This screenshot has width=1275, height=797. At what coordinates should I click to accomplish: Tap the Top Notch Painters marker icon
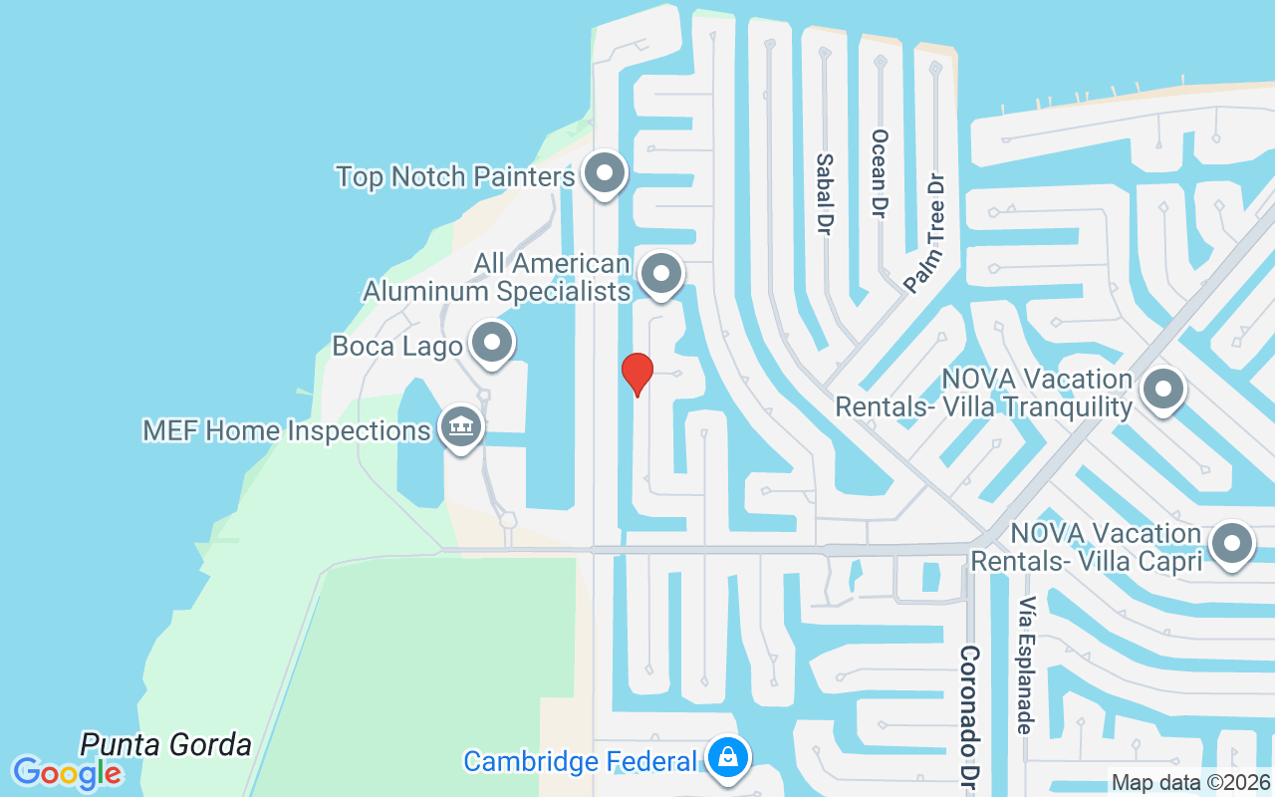(604, 174)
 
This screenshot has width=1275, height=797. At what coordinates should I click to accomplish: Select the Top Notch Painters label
(455, 177)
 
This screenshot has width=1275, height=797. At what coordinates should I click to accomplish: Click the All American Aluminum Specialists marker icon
(659, 272)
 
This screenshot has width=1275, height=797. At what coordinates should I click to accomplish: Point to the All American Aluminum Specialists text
(497, 277)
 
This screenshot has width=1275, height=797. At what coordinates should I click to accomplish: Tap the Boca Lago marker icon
(490, 344)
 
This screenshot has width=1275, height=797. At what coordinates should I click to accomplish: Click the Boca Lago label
(396, 347)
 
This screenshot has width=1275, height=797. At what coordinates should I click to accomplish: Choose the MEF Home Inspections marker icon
(460, 427)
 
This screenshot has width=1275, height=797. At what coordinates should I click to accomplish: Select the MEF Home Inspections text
(286, 431)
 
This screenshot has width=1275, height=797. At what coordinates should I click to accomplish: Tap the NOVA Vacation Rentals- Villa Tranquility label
(984, 394)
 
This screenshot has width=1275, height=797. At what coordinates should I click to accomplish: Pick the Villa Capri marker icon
(1231, 544)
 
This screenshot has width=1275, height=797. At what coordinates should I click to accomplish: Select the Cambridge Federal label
(581, 762)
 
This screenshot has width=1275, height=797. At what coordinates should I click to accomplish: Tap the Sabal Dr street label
(824, 193)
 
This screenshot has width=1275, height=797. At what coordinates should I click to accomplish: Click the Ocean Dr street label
(879, 173)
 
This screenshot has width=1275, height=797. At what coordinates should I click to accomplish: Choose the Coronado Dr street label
(969, 717)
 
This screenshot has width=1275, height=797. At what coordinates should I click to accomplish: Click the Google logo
(67, 772)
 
